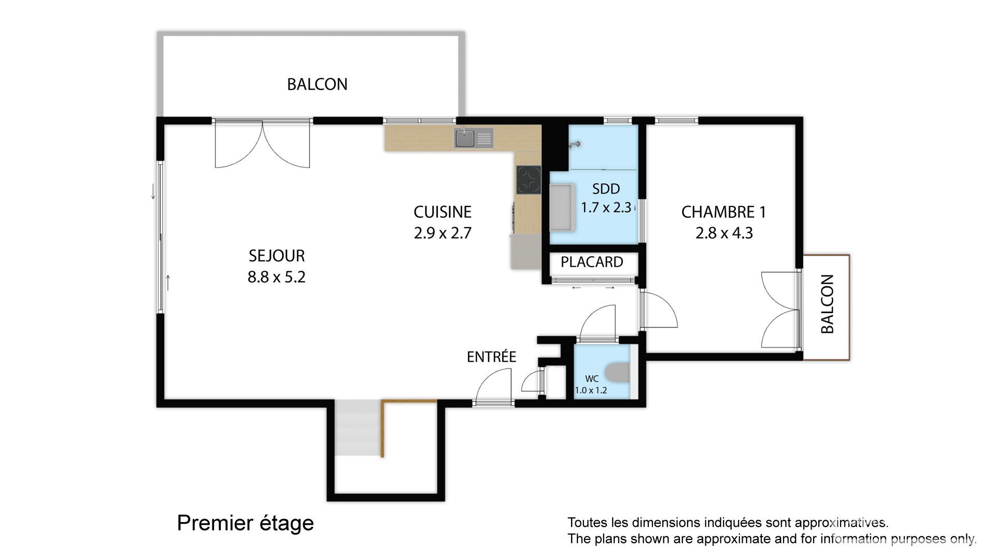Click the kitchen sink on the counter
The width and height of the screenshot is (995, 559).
(474, 138)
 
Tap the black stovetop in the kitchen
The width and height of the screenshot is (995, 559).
(529, 180)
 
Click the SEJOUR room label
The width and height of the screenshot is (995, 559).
(277, 256)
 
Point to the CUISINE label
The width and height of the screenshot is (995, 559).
(443, 212)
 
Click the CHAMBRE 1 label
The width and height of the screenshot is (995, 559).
(723, 212)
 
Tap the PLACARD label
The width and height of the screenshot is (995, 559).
(592, 262)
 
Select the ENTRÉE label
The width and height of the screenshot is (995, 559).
(491, 357)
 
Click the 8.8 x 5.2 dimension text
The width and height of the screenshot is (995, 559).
(277, 277)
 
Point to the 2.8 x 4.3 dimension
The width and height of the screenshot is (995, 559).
(724, 233)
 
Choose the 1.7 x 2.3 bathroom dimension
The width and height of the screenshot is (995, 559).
(606, 208)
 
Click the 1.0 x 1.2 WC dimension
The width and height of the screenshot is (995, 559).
(591, 390)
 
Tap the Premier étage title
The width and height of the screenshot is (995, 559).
(245, 523)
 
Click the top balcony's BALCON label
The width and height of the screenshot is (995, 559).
(317, 84)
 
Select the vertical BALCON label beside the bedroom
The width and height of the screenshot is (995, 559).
(828, 304)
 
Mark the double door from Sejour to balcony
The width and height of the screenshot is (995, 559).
(262, 143)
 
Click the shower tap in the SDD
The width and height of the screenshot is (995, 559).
(574, 145)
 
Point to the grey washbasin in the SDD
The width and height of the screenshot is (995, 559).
(560, 207)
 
